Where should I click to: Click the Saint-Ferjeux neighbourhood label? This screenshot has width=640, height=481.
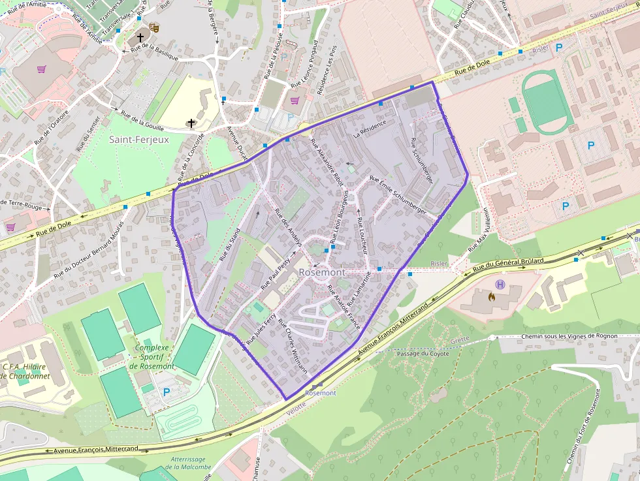[138, 139]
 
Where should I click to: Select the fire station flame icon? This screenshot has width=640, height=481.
[491, 296]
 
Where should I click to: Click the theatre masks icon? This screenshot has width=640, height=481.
[155, 27]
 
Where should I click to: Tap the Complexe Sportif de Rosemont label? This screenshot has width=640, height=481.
[152, 357]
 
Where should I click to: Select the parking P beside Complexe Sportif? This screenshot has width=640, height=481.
[167, 392]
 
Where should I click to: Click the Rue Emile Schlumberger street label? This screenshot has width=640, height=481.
[398, 196]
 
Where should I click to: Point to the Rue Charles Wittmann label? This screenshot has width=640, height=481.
[292, 345]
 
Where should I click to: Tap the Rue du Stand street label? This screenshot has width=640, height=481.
[230, 245]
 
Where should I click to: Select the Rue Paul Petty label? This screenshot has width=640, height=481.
[275, 273]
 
